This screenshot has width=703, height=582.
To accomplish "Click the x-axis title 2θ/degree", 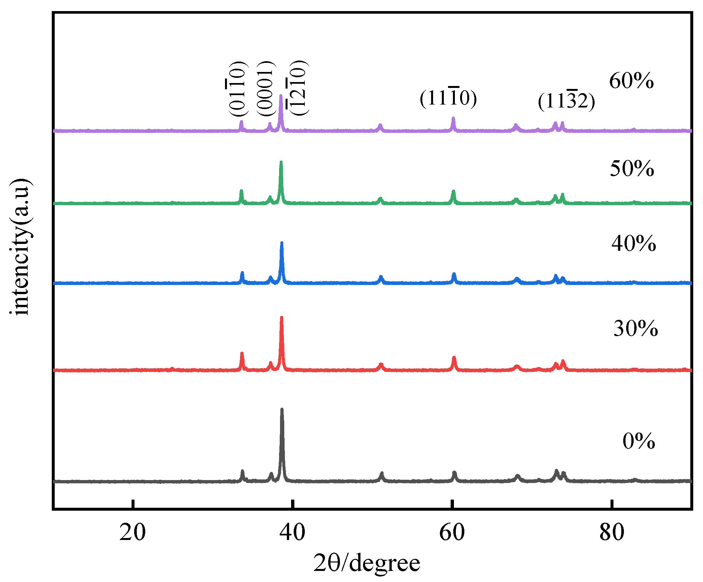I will [x=367, y=563].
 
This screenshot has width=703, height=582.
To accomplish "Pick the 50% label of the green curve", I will [x=632, y=168].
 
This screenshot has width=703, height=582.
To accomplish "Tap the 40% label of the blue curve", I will [x=633, y=243].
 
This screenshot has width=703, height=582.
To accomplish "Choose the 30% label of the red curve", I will [x=636, y=329].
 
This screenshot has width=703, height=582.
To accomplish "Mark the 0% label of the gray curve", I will [x=639, y=441].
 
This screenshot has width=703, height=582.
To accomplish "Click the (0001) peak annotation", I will [x=266, y=89].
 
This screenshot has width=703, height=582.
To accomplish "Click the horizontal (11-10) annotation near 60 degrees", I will [x=448, y=98].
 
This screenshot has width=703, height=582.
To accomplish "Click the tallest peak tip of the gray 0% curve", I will [x=282, y=409].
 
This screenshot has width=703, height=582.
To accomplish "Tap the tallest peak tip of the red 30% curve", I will [x=282, y=318].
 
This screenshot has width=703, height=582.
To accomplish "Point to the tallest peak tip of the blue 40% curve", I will [x=282, y=243].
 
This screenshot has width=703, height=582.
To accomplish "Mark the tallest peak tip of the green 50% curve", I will [x=281, y=163].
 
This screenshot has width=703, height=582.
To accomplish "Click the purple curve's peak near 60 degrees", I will [x=453, y=118].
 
